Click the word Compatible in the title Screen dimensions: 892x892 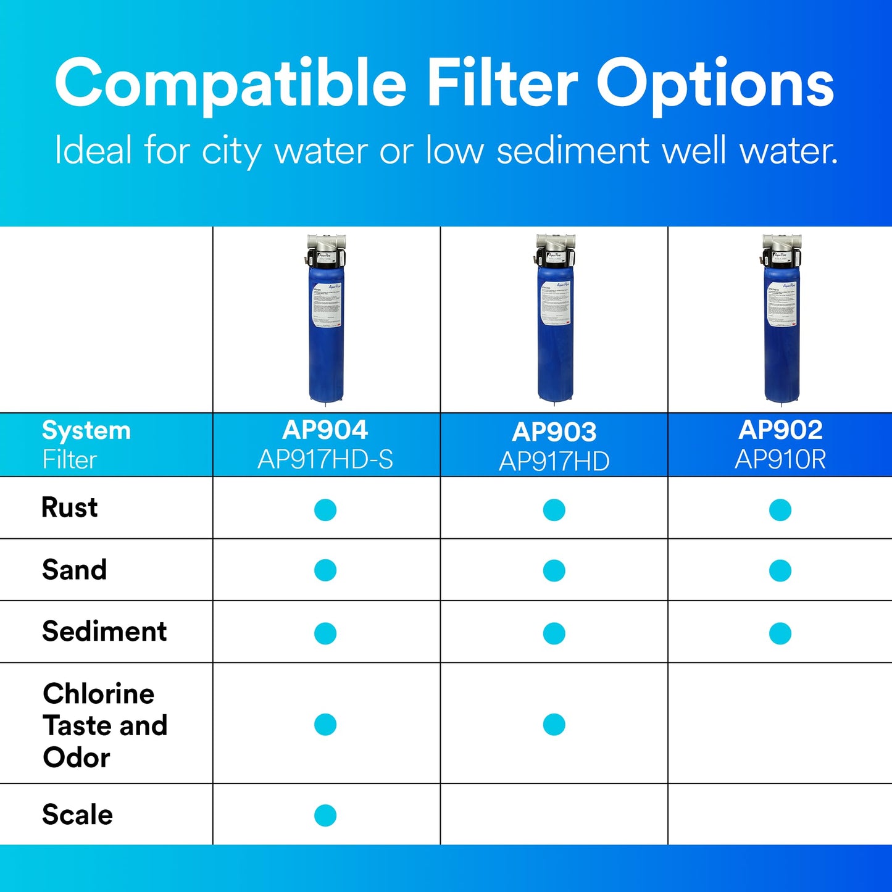coord(230,83)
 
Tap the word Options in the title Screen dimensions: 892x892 coord(715,83)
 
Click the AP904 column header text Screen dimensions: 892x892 coord(325,430)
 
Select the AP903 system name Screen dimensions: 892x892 coord(554,432)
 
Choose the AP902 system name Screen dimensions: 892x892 coord(780,430)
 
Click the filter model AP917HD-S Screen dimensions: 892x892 coord(325,460)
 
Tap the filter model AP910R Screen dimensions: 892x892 coord(780,460)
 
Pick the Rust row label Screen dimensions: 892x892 coord(69,508)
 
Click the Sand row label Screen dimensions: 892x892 coord(74,570)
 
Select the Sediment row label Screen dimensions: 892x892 coord(104,631)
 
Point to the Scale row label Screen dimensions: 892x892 coord(77,815)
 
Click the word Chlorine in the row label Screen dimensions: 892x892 coord(99,694)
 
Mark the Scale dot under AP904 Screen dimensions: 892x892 coord(325,815)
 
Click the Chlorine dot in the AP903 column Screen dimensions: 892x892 coord(554,725)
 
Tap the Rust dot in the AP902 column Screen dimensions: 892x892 coord(780,510)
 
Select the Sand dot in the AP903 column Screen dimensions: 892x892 coord(554,570)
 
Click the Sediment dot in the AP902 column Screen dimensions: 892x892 coord(780,633)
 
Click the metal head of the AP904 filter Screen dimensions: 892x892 coord(327,244)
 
